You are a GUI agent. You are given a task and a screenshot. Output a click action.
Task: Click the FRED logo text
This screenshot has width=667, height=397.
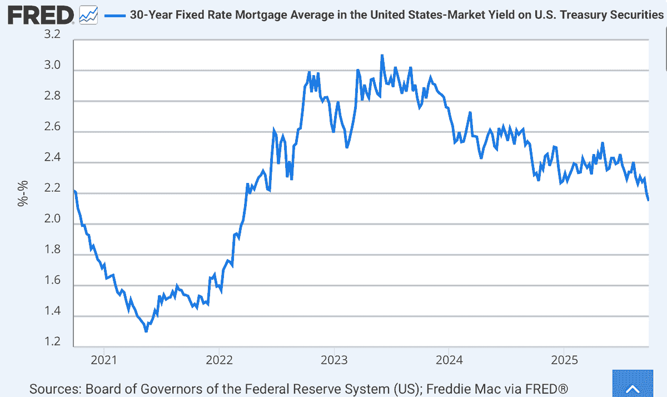tap(41, 15)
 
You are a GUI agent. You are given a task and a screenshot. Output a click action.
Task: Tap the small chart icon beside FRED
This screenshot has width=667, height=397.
tap(88, 15)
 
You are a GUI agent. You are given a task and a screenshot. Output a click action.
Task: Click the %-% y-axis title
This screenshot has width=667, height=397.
tap(23, 194)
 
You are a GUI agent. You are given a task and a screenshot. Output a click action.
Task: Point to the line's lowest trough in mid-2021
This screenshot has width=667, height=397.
tap(146, 331)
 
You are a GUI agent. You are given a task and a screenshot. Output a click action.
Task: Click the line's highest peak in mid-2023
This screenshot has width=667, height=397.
tap(382, 56)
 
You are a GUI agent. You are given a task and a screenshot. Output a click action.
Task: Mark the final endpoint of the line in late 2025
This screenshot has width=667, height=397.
tap(648, 200)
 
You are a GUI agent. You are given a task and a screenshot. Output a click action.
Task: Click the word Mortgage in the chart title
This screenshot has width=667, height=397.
tap(273, 15)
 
